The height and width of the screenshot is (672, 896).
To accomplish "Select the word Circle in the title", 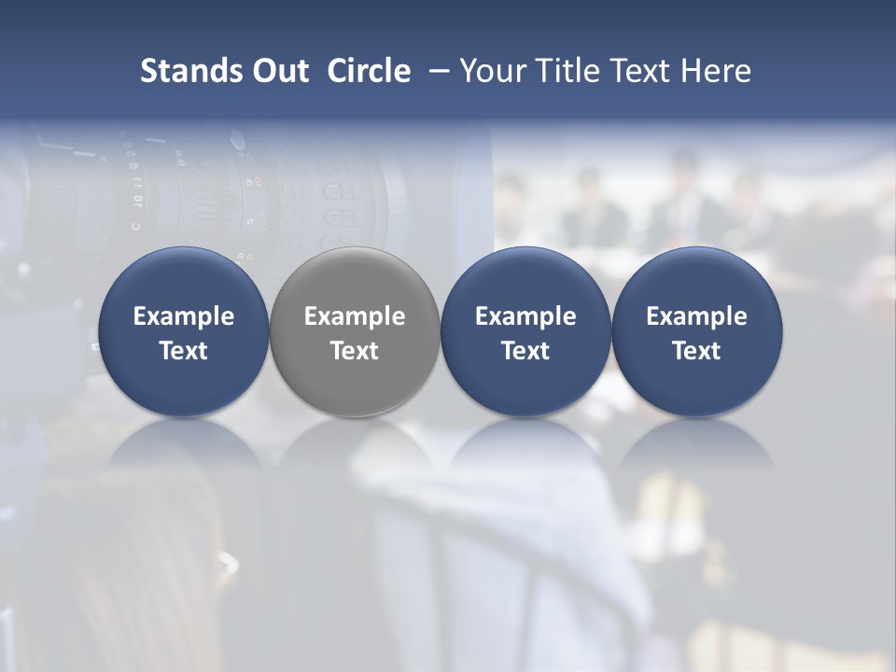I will click(369, 71).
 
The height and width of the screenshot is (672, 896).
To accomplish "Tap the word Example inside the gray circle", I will click(355, 316).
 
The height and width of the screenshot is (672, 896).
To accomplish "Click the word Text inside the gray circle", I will click(355, 351).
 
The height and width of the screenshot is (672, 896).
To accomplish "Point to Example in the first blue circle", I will click(184, 316).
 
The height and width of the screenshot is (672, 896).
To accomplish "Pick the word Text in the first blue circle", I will click(184, 351).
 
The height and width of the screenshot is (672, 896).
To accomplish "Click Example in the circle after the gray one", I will click(525, 316).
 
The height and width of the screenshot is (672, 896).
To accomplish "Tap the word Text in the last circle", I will click(697, 351).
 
